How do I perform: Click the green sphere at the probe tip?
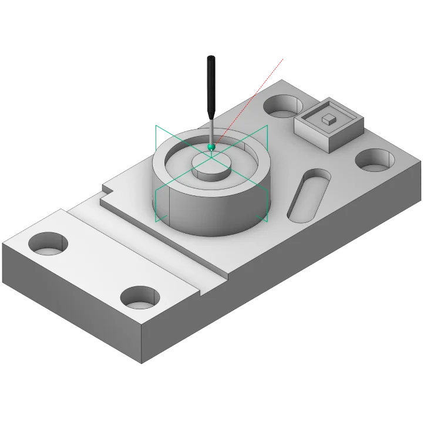coord(211,146)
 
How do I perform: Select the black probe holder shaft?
coord(211,88)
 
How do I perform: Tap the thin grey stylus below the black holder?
coord(211,130)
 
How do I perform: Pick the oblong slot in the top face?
coord(309,195)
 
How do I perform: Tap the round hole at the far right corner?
coord(375,160)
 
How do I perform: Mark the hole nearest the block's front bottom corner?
coord(140,299)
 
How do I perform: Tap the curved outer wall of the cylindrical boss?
coord(206,217)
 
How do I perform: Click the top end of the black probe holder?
coord(211,55)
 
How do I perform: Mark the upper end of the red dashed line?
coord(284,59)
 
